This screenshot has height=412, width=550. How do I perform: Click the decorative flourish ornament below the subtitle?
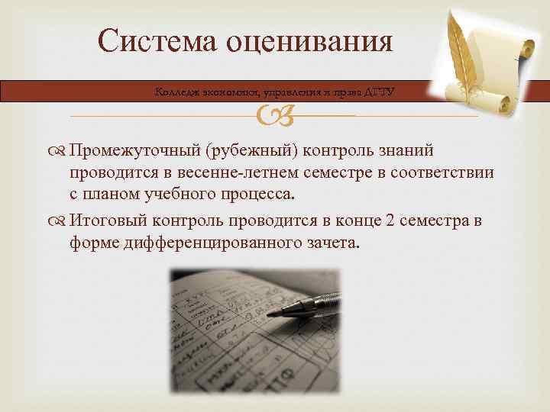pos(274,115)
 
